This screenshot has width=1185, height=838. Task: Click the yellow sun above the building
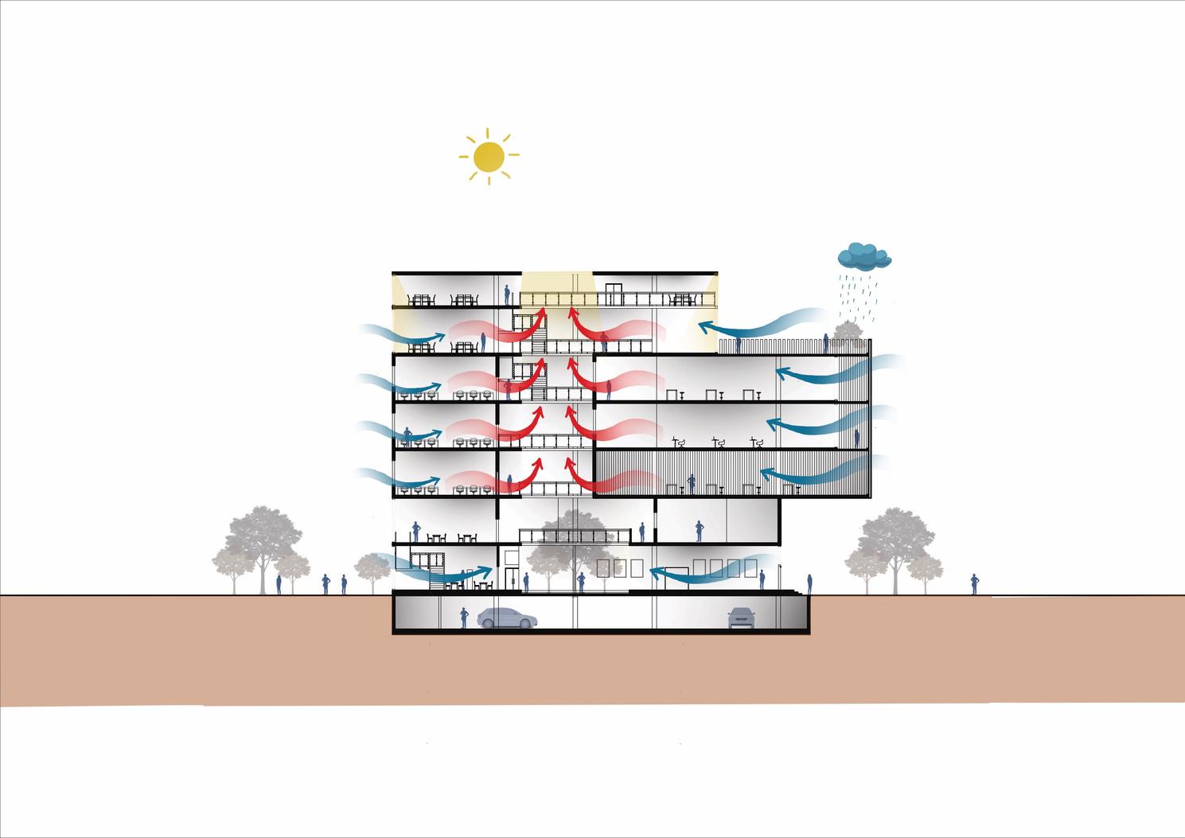point(489,157)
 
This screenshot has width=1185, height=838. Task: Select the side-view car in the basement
point(507,617)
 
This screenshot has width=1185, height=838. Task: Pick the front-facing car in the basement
point(741,617)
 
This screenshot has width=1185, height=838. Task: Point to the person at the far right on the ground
point(973,584)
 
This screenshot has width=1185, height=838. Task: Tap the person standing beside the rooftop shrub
point(826,343)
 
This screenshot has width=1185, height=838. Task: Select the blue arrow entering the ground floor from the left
point(446,570)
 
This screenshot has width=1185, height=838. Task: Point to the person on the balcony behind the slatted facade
point(857,438)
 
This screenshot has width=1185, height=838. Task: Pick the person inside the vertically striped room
point(692,483)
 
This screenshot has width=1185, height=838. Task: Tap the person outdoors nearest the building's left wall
point(344,585)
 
